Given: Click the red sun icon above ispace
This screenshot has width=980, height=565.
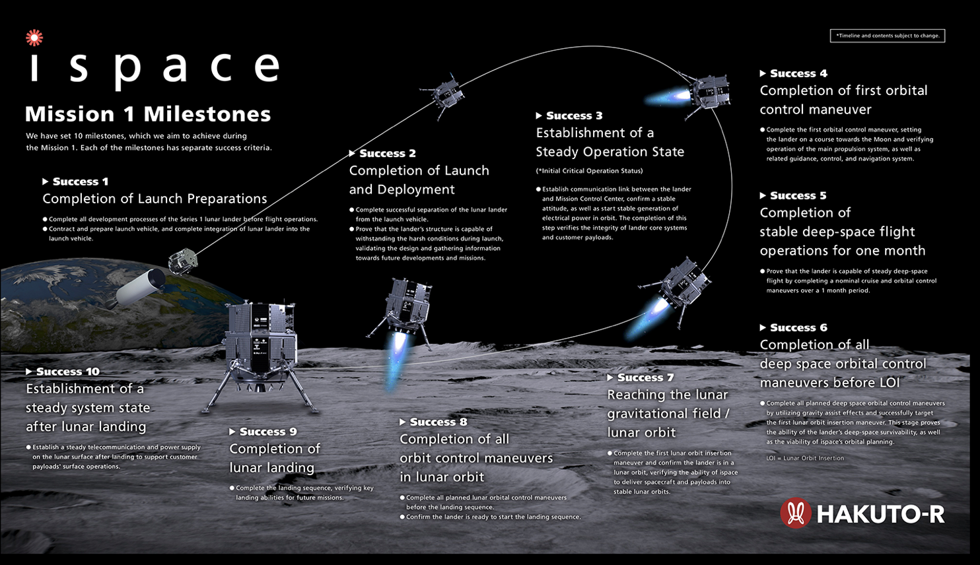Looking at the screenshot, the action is [x=34, y=38].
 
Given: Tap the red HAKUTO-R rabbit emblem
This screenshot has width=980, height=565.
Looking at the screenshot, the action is [x=796, y=513].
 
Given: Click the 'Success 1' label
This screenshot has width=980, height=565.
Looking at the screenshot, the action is [x=81, y=182].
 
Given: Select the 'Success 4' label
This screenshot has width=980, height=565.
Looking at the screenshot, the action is [x=798, y=73].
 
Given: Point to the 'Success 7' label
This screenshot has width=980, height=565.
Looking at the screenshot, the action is [x=645, y=378].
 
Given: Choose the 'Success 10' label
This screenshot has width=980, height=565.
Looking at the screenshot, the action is [x=68, y=371].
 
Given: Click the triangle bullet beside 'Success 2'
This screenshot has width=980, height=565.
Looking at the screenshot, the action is [x=352, y=153].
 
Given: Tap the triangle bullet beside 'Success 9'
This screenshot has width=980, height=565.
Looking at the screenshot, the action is [x=232, y=432].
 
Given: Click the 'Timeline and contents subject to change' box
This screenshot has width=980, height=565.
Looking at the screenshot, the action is [x=888, y=36].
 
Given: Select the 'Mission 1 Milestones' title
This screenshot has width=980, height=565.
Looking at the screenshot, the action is [x=148, y=114].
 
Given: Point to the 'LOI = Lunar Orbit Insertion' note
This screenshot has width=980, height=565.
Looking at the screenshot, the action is [x=805, y=458].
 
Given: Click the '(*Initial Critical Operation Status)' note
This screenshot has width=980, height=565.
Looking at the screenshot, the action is [x=589, y=170].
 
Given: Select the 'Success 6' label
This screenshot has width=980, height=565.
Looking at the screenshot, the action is [x=798, y=327].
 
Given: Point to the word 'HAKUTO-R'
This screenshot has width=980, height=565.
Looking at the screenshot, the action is [x=881, y=514].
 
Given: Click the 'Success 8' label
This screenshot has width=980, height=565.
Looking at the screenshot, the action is [x=438, y=422].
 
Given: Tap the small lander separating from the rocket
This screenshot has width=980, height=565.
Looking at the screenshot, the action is [x=183, y=261].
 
